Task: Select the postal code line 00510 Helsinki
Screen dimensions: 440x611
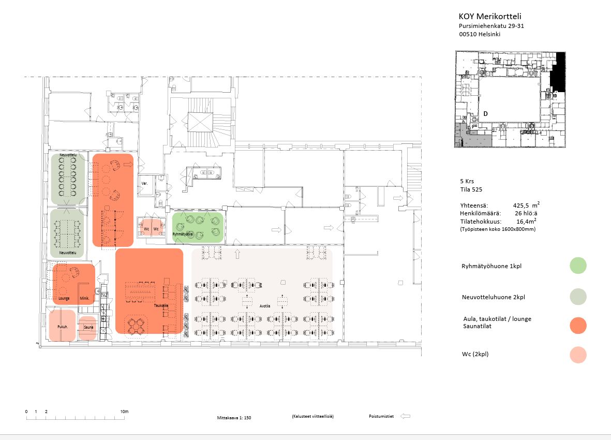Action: coord(480,35)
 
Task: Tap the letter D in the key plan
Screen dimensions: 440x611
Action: coord(486,113)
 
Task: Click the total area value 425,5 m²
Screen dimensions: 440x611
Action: coord(528,205)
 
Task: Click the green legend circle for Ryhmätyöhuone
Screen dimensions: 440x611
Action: coord(578,266)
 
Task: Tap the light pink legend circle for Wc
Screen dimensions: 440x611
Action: coord(578,355)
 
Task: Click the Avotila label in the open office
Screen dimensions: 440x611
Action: coord(265,305)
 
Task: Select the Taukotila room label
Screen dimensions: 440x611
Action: coord(160,305)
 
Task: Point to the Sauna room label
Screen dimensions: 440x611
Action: coord(88,328)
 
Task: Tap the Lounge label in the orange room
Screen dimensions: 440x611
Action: coord(64,299)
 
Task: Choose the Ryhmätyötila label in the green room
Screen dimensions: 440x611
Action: coord(183,234)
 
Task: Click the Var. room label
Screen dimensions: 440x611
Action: coord(145,184)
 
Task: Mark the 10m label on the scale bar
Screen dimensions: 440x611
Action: coord(124,412)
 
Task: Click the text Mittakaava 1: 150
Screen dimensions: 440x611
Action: coord(234,417)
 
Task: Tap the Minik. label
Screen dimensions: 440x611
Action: coord(85,299)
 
